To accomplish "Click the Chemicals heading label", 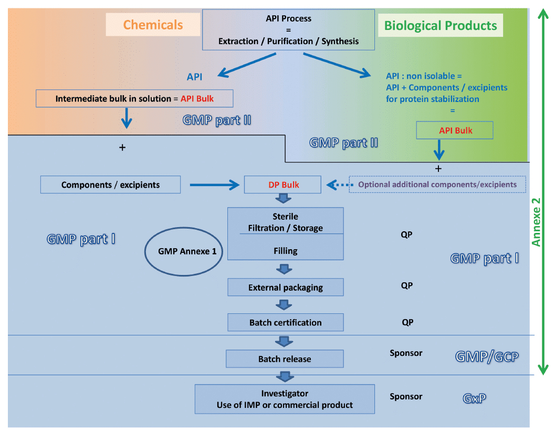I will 153,25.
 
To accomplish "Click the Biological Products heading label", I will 440,25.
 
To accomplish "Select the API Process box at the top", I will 288,30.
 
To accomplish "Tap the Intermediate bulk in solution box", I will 134,98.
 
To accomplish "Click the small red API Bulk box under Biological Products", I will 455,130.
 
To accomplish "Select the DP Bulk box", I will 284,185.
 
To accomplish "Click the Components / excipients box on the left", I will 110,185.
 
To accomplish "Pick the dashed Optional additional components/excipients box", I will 437,185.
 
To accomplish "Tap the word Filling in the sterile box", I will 285,251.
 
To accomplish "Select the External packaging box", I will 285,288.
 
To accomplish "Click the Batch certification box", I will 285,322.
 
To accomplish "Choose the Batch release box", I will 285,359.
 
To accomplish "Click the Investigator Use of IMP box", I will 285,399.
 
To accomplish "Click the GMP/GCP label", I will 486,357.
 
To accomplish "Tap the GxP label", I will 474,398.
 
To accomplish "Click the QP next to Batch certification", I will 407,322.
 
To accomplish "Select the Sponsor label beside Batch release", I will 406,353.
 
